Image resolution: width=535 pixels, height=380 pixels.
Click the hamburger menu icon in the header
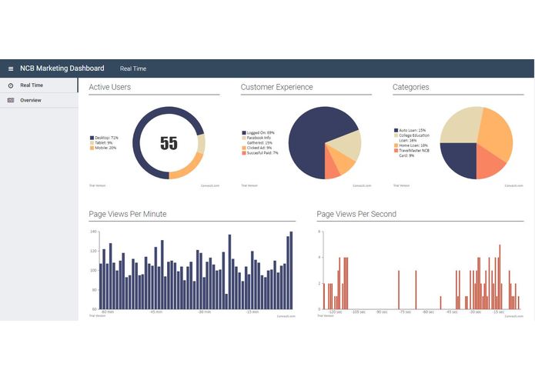pos(11,69)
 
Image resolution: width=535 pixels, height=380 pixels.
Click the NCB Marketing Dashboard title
pos(62,68)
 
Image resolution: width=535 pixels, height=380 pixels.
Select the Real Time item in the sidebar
pos(31,85)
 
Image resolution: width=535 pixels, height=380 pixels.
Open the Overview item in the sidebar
pos(31,101)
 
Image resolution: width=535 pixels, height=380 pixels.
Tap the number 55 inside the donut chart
pos(169,143)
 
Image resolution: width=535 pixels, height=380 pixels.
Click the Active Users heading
pos(109,88)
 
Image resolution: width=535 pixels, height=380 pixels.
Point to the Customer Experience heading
pos(276,88)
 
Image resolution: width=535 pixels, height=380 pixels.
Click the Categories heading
pos(410,88)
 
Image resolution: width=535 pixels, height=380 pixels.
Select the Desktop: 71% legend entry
pos(103,138)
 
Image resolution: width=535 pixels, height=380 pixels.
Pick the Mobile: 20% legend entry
pos(103,148)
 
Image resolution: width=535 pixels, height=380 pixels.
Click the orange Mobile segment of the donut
pos(186,168)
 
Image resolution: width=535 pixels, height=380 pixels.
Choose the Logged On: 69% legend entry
pos(259,132)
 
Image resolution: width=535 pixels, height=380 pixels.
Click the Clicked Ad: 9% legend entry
pos(257,148)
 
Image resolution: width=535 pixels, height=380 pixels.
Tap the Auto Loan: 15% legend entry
pos(412,131)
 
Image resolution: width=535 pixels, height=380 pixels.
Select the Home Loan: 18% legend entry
pos(413,145)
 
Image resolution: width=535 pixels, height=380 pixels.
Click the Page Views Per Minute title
pos(127,214)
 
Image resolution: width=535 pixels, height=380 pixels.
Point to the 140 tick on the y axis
pos(93,232)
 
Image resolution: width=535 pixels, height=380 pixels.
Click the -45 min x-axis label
pos(156,312)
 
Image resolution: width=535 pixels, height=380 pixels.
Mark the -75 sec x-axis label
pos(405,312)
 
